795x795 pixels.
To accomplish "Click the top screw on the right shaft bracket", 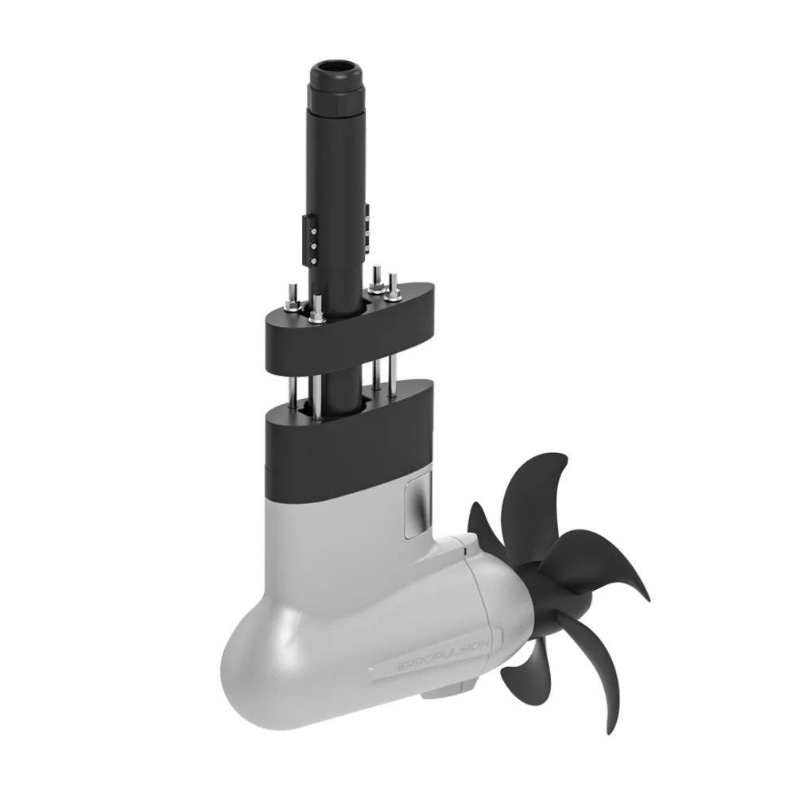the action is click(x=366, y=219).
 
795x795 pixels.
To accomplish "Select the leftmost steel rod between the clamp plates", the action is click(x=293, y=390).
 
